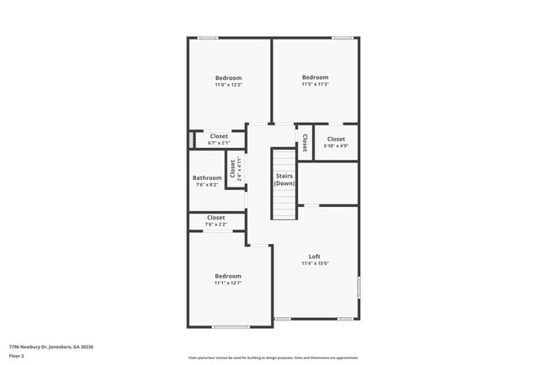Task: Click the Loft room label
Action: (x=315, y=257)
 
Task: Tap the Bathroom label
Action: (x=207, y=177)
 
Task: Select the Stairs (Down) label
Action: (x=284, y=179)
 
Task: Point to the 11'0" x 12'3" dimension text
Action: (x=228, y=85)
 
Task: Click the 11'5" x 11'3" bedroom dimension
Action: (x=315, y=84)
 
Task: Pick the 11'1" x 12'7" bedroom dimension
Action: (x=228, y=283)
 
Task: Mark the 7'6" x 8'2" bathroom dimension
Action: (x=207, y=184)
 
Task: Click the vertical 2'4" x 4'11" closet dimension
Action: (x=239, y=169)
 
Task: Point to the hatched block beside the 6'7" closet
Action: (x=193, y=140)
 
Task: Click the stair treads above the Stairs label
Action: (x=284, y=161)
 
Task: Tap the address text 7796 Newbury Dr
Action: (x=51, y=346)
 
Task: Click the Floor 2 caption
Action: (x=17, y=356)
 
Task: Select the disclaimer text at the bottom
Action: (x=273, y=357)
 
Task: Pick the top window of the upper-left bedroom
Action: (x=208, y=38)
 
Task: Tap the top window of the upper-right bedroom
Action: (x=342, y=38)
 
